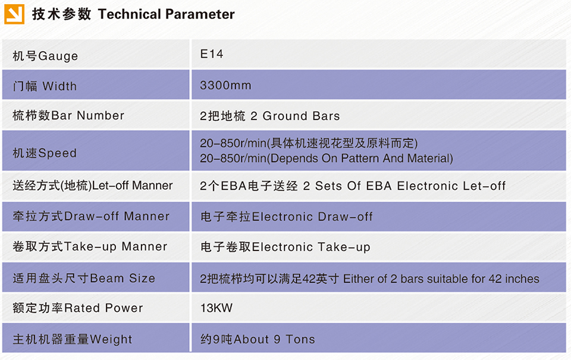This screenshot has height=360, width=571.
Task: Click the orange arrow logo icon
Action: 14,14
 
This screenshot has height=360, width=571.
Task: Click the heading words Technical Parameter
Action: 167,14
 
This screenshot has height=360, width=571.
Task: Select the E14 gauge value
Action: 212,54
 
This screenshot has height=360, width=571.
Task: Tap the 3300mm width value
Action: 225,85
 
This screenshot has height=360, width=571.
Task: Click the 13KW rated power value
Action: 217,308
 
